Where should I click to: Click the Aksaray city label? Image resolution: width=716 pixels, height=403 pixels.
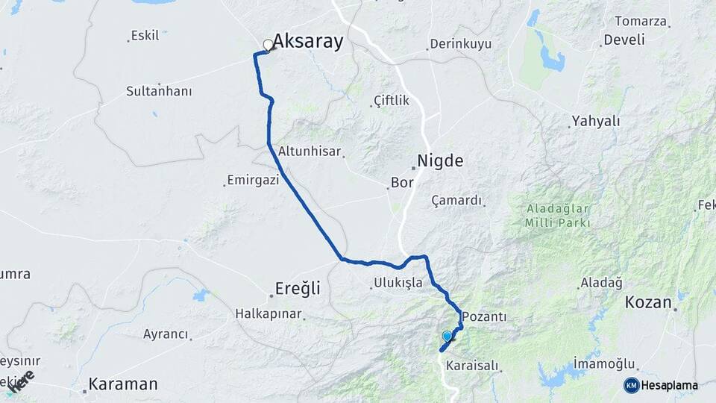pos(307,42)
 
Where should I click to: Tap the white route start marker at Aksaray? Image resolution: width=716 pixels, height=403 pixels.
pos(268,45)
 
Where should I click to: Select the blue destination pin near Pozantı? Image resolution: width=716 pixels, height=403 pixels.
pos(447,337)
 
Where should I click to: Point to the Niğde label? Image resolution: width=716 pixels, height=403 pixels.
pos(440,160)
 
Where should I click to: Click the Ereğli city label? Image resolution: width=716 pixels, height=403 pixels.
pos(298,289)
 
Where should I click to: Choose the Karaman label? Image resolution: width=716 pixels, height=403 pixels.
pos(123,384)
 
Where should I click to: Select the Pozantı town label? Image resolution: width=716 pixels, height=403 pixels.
pos(484,317)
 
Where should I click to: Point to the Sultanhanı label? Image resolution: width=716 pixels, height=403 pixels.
pos(159,92)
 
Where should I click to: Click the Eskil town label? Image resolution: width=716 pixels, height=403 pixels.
pos(145,35)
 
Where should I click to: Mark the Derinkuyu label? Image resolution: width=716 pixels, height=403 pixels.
pos(460,44)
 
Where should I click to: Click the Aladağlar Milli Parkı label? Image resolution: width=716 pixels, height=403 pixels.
pos(557,216)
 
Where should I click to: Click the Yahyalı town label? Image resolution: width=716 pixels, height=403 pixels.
pos(596,121)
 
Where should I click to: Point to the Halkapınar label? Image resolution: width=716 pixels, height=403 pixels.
pos(268,313)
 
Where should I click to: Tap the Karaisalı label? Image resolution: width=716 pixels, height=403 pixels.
pos(470,366)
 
